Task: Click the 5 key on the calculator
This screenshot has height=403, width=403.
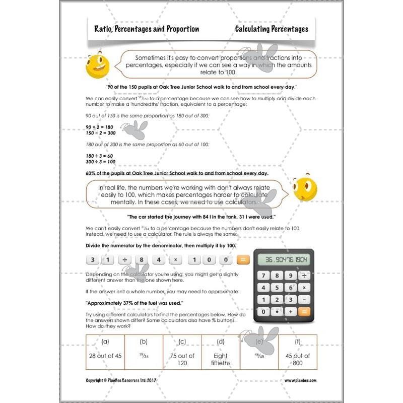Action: coord(277,288)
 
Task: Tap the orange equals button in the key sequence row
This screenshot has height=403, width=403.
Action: coord(243,260)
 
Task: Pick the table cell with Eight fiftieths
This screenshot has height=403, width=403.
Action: coord(220,359)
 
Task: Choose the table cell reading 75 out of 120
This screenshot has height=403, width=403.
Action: coord(182,359)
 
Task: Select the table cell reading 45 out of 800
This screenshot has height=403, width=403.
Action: coord(298,359)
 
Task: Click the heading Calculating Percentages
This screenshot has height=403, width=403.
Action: coord(272,29)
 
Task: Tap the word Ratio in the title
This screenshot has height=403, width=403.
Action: coord(103,29)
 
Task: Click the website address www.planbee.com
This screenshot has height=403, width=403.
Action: coord(301,381)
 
